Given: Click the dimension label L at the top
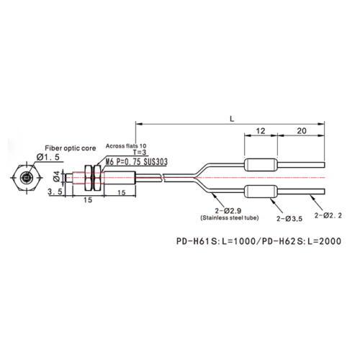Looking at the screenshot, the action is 232,119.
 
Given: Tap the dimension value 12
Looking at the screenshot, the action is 261,131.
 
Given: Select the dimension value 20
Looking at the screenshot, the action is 302,131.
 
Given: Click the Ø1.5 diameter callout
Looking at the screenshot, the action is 48,157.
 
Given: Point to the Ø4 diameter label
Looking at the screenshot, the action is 56,176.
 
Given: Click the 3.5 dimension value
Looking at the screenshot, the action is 55,192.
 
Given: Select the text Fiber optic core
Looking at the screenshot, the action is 71,148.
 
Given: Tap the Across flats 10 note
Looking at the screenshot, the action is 126,146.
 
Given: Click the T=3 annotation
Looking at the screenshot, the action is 139,152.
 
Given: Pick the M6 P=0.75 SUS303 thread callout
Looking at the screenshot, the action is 137,162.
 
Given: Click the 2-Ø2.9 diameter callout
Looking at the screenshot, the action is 228,211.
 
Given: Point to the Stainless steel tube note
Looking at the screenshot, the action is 230,218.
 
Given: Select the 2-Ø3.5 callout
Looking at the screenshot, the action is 289,219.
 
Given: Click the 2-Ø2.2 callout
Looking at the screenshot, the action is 328,215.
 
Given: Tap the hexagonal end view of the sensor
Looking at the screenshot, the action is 26,178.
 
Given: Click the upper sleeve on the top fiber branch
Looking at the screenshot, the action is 261,165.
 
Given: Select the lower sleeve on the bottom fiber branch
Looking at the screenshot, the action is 261,192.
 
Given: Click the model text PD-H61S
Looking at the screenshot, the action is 197,241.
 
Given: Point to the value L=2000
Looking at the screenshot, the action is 325,241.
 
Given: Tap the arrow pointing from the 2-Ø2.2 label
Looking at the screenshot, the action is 315,202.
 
